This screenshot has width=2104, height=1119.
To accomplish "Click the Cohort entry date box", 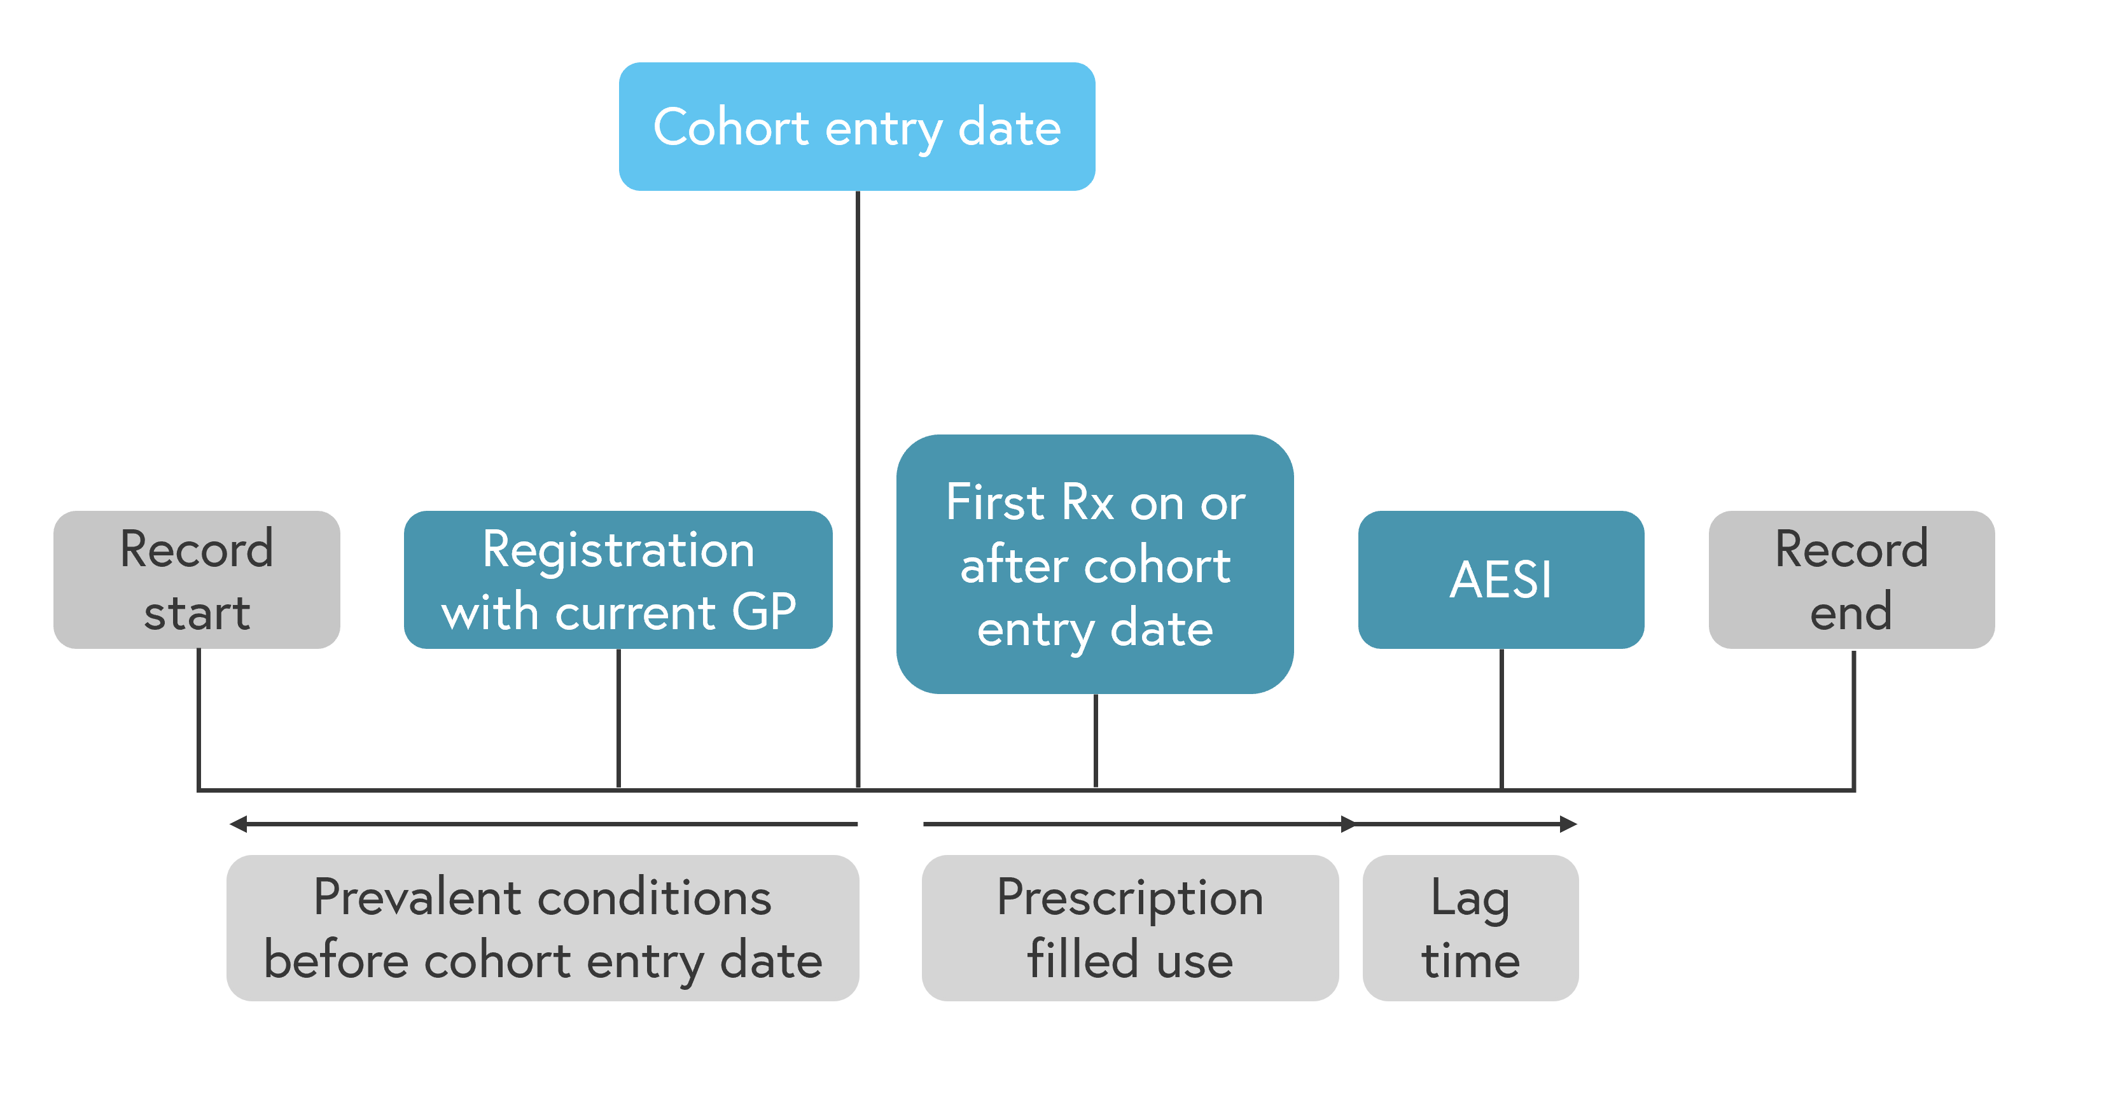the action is click(857, 127).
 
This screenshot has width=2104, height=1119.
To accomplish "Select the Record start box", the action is click(197, 580).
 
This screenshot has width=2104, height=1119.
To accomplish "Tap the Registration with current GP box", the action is click(618, 580).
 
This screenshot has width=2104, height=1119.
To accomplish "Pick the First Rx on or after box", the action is click(1096, 564).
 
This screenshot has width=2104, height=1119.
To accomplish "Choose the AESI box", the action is click(1501, 580).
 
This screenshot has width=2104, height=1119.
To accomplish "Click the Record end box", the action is click(1851, 580).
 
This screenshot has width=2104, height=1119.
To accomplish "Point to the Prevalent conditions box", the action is click(543, 929).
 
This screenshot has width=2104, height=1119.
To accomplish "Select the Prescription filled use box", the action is click(1131, 929).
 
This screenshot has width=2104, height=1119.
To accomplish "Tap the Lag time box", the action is click(1471, 929).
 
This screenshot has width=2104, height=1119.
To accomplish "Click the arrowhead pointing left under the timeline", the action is click(238, 824).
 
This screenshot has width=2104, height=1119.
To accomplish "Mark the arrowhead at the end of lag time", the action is click(1568, 824).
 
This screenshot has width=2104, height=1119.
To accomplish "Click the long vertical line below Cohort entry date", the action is click(858, 489).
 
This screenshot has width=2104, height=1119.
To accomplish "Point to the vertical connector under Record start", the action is click(199, 719).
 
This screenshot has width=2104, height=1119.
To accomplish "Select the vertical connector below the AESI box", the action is click(1501, 719).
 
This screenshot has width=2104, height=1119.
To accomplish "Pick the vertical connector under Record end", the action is click(1853, 719).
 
